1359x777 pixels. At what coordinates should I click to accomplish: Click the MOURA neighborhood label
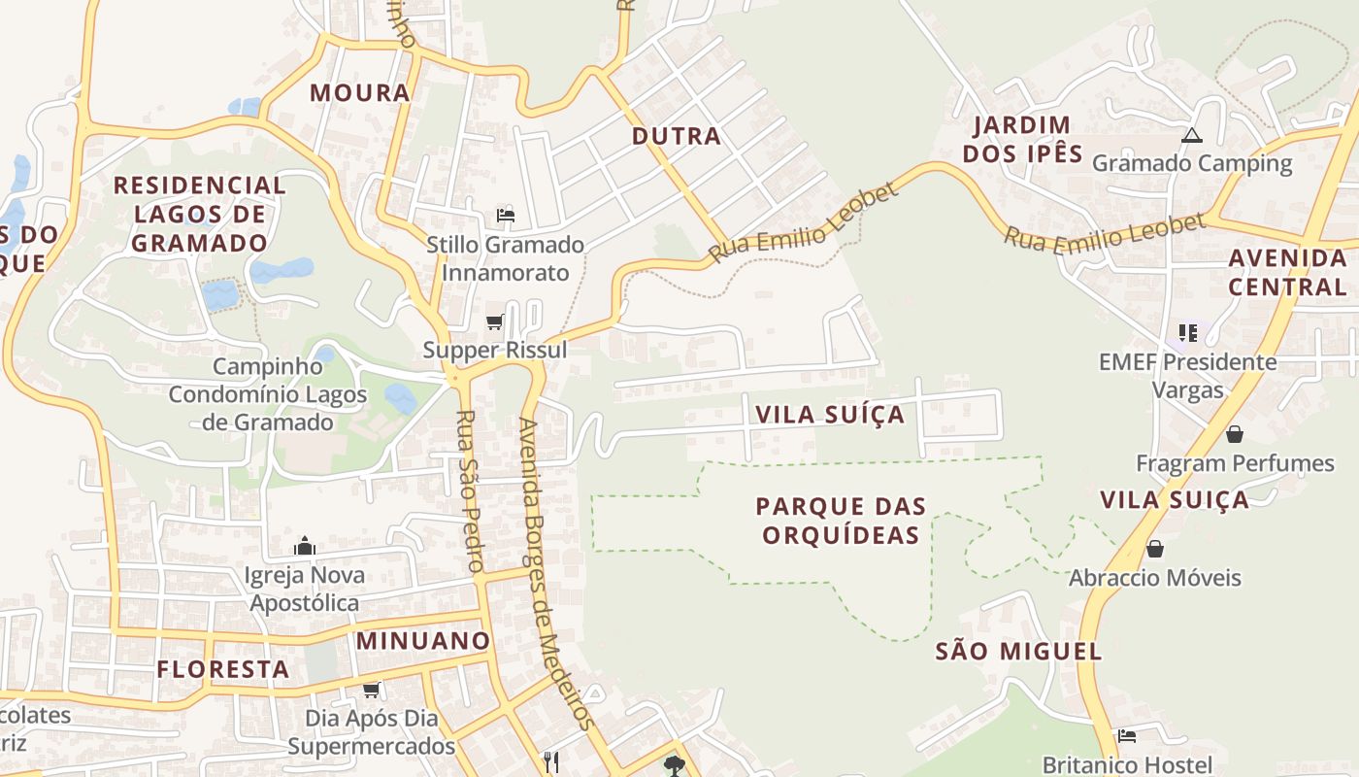359,93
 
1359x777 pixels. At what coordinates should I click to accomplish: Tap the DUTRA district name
677,136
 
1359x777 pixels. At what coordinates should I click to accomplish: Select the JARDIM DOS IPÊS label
1021,139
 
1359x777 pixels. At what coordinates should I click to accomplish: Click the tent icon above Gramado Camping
1192,136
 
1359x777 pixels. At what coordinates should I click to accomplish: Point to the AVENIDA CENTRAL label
1287,272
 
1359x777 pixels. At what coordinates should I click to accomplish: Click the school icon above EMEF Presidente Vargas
1188,334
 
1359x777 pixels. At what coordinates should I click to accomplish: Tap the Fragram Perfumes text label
1235,463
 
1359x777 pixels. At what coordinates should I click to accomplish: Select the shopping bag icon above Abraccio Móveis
1155,550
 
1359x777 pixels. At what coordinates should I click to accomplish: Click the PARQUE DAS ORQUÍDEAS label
841,521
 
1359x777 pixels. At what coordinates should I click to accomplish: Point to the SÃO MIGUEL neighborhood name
1018,651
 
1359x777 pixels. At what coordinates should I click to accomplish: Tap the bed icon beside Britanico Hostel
1127,736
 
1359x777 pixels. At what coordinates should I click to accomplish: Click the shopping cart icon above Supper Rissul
495,321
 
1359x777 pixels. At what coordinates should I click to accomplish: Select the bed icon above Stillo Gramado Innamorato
505,215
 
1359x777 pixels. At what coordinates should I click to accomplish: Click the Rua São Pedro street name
470,490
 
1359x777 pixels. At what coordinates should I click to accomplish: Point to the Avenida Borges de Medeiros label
554,573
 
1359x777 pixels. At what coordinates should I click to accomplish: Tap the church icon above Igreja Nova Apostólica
305,546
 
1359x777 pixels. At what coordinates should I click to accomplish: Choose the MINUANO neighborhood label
422,641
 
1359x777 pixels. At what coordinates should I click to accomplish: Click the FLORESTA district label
223,669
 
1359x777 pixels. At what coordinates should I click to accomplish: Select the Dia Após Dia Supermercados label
371,732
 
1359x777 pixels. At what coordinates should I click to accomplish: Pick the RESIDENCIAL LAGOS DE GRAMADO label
199,214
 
